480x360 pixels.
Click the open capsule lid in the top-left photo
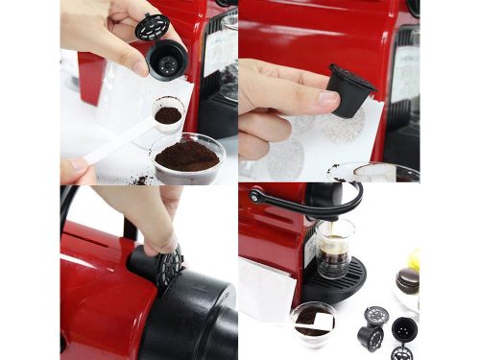[152, 26]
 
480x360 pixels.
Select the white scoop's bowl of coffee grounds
[168, 114]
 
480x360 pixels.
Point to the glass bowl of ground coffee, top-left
[187, 156]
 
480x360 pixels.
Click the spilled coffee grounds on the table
[140, 179]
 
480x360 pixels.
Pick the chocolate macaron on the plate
[408, 281]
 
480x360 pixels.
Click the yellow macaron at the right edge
[415, 259]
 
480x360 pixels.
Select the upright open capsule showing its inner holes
[404, 330]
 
